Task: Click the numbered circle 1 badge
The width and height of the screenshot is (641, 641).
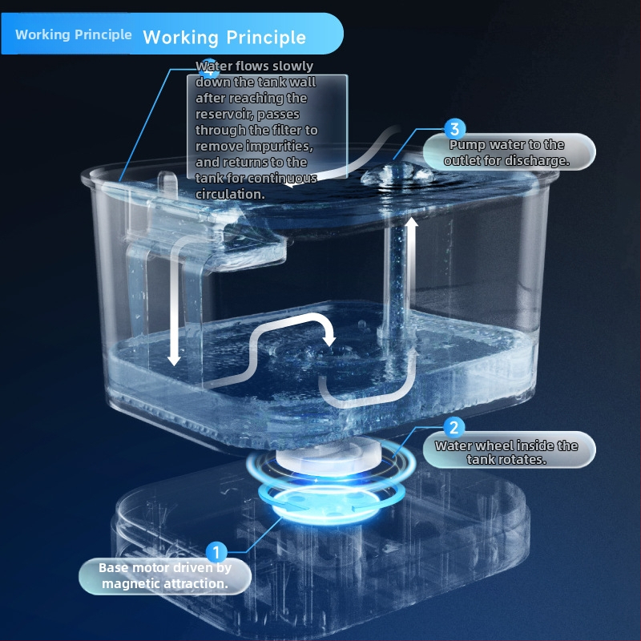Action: pos(216,552)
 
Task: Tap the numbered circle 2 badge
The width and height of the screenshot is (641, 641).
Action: pos(454,428)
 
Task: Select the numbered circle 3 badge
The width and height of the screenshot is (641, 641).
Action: pos(454,129)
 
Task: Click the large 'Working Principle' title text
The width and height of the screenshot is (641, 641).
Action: pos(224,38)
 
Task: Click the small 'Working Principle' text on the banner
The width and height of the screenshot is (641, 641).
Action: pos(74,34)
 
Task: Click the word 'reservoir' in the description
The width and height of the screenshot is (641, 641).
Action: pos(224,115)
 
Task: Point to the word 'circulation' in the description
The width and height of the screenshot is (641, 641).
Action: pos(230,194)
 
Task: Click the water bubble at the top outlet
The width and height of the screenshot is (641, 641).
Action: pos(397,174)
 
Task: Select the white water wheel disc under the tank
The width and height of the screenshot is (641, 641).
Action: pos(329,454)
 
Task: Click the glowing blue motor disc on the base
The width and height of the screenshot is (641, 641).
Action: pos(331,503)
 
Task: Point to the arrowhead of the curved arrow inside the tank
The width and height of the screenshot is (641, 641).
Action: pos(329,340)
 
